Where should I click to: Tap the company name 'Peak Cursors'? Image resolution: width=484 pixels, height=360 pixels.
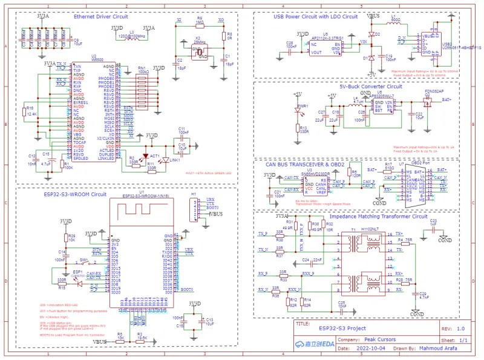coord(379,339)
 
